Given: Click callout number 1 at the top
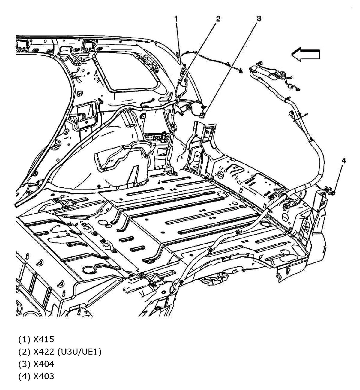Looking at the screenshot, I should pyautogui.click(x=176, y=19).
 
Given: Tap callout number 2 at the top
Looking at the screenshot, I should pyautogui.click(x=218, y=19).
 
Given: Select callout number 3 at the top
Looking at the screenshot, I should pyautogui.click(x=258, y=19).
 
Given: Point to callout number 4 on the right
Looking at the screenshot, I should pyautogui.click(x=343, y=161).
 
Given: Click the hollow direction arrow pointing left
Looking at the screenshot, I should pyautogui.click(x=305, y=55).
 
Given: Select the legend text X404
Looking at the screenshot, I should pyautogui.click(x=44, y=364).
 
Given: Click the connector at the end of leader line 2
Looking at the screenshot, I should pyautogui.click(x=179, y=80).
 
